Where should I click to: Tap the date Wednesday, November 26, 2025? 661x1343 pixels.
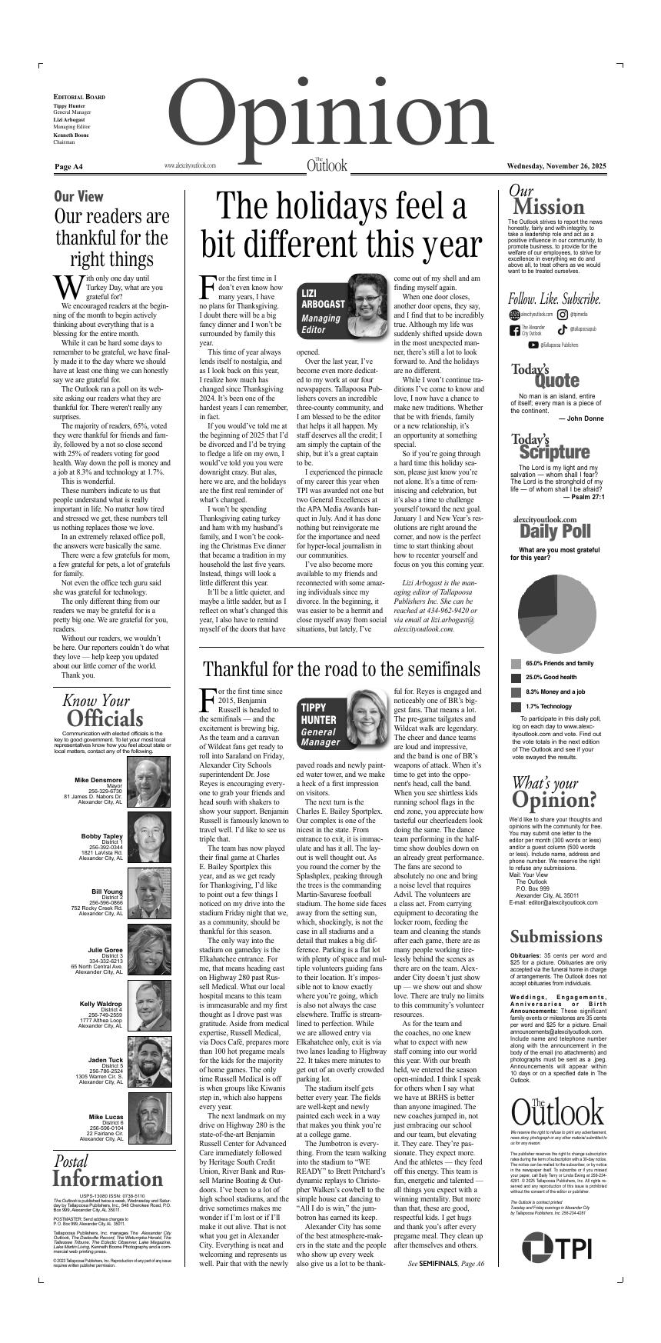point(556,166)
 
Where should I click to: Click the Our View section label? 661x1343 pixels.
point(78,196)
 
